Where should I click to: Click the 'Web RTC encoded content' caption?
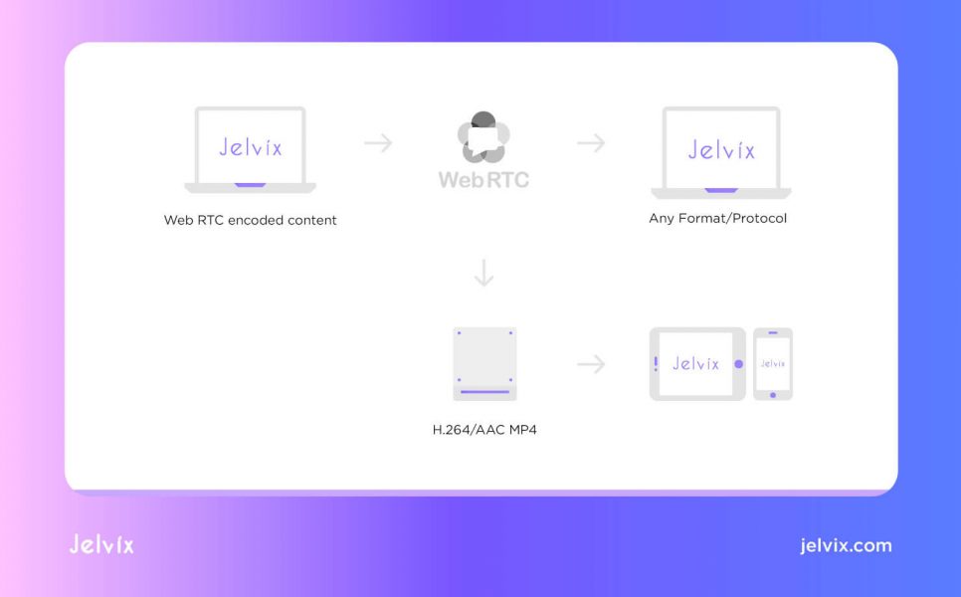250,220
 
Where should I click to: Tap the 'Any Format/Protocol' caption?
717,218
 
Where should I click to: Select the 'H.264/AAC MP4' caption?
484,430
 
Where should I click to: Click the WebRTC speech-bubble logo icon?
483,137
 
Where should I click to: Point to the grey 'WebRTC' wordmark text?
483,179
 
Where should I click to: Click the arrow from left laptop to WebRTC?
378,143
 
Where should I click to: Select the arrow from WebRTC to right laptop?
591,143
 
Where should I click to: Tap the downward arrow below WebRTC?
484,274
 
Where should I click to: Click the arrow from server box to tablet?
591,364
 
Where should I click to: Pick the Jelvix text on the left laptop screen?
251,147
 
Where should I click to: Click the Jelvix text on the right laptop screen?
721,149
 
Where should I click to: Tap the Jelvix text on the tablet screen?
695,363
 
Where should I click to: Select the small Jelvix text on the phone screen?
773,363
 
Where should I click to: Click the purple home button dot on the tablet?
738,364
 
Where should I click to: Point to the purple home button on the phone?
773,395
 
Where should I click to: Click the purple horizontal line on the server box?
484,392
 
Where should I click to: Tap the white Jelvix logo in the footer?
101,544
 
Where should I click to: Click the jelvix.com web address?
846,545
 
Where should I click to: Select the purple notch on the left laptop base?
250,184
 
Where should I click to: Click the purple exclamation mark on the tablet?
656,364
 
